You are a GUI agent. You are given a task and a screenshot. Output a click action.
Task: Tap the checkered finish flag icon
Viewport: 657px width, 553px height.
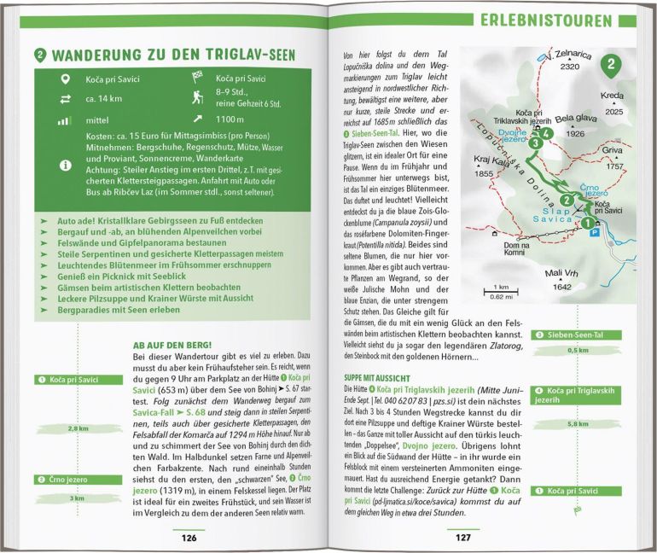pyautogui.click(x=199, y=80)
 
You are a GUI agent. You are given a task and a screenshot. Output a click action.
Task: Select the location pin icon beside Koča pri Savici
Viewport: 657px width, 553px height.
pyautogui.click(x=64, y=80)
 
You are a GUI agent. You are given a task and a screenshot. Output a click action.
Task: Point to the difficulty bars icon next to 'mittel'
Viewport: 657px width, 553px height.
pyautogui.click(x=64, y=121)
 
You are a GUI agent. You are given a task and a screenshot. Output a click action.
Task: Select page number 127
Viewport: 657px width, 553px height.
pyautogui.click(x=462, y=538)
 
